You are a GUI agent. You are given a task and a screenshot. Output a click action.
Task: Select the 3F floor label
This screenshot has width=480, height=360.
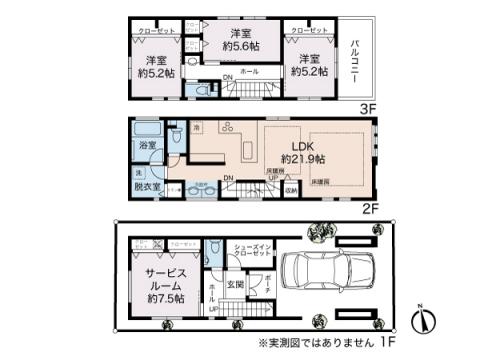click(x=368, y=107)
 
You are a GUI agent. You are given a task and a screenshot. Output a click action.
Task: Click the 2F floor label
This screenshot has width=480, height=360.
click(x=368, y=208)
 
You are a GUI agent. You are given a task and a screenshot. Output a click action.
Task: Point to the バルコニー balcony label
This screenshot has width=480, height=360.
click(x=357, y=56)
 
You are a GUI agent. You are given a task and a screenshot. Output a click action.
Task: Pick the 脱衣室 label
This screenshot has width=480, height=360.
click(x=146, y=186)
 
